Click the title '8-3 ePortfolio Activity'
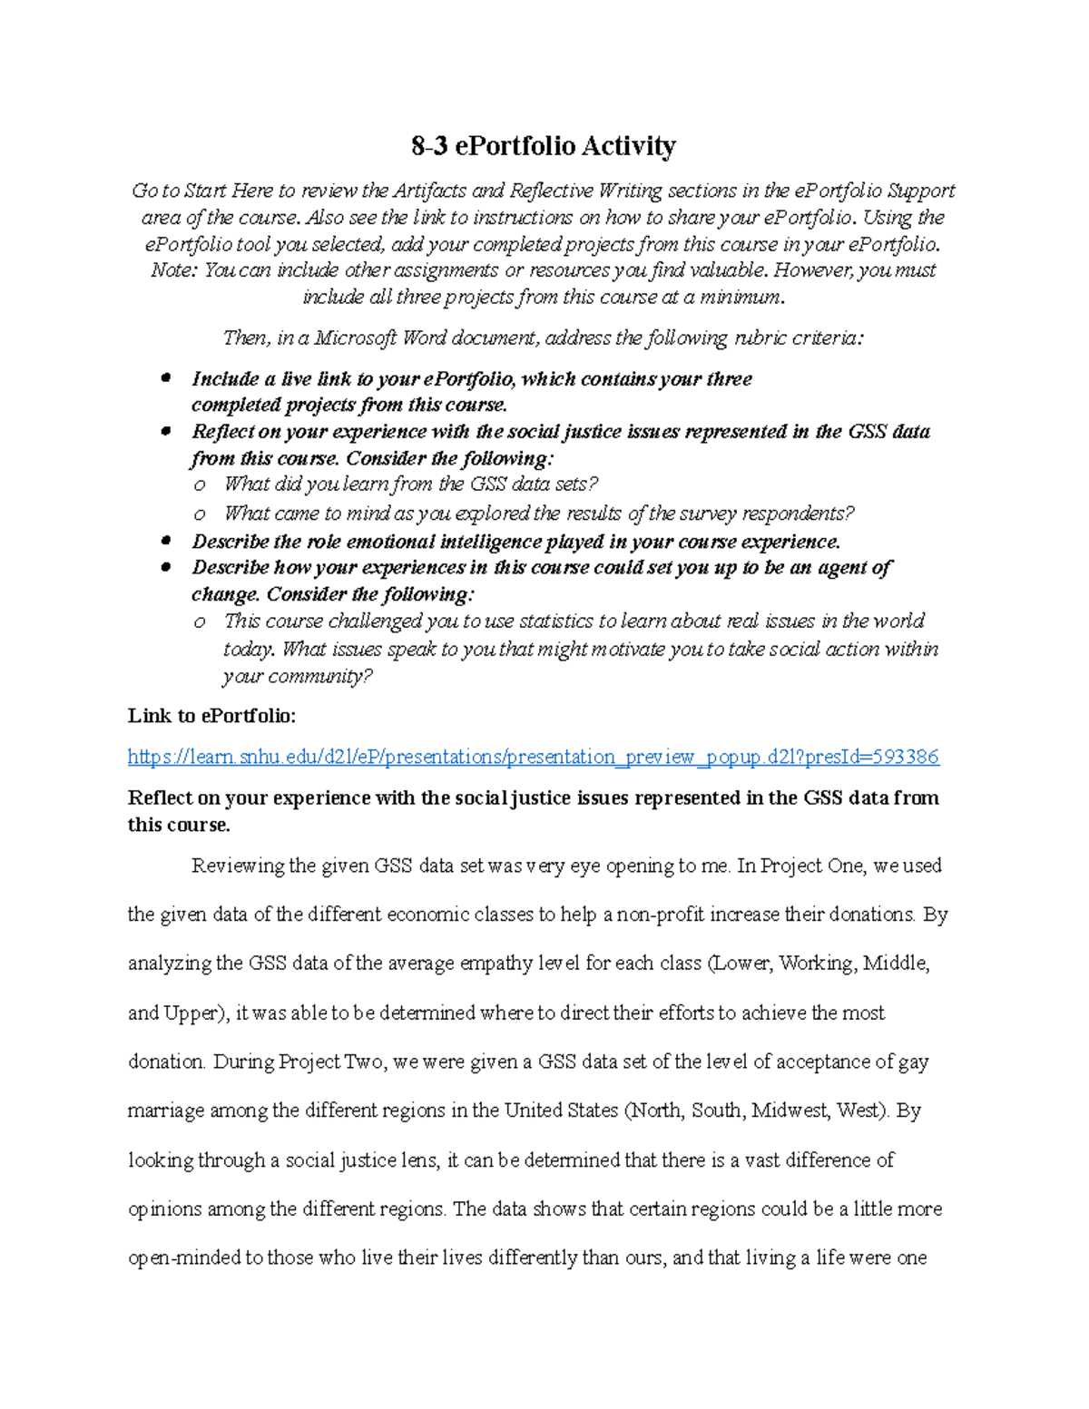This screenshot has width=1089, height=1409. (543, 146)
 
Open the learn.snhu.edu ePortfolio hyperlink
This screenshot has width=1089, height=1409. (533, 757)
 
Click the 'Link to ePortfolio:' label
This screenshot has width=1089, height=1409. (211, 716)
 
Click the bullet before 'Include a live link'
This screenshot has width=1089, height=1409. (165, 378)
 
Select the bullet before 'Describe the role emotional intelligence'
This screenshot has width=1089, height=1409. (165, 542)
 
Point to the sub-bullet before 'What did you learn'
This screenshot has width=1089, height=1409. (200, 485)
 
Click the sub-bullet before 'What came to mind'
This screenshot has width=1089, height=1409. (200, 514)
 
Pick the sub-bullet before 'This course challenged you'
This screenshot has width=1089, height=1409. (200, 622)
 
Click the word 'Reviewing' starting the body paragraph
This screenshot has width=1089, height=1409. (238, 866)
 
